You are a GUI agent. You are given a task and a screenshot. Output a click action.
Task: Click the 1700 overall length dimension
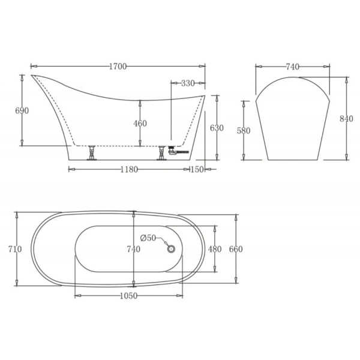118,67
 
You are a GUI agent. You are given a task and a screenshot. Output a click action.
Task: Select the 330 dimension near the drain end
187,83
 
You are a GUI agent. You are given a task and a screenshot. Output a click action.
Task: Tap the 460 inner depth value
140,123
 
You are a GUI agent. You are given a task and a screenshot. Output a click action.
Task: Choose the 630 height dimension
217,128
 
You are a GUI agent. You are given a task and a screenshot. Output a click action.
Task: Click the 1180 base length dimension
128,169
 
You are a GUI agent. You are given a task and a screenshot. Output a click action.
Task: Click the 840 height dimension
346,118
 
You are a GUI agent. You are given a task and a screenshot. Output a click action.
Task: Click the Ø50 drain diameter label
148,238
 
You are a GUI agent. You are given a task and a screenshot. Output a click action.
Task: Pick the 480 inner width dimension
214,249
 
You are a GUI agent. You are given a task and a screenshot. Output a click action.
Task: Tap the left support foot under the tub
92,153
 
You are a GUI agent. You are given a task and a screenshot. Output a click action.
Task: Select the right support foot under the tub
162,154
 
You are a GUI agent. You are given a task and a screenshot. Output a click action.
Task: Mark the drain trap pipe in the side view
178,152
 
